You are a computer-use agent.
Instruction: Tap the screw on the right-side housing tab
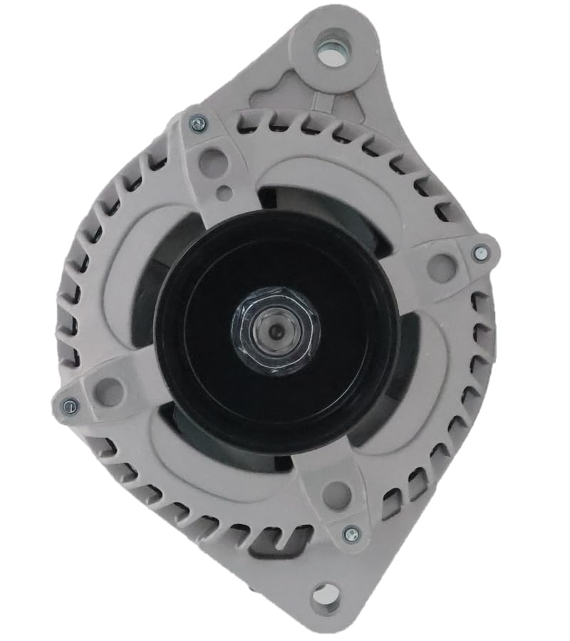coord(481,253)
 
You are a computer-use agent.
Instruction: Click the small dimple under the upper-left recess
coord(224,192)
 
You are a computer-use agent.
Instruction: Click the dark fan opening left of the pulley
coord(146,299)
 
